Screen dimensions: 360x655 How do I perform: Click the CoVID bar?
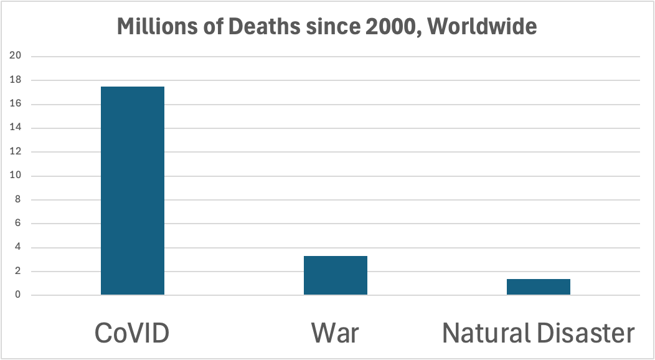[133, 191]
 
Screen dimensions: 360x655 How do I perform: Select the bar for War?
[336, 275]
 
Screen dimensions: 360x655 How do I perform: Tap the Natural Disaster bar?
[539, 287]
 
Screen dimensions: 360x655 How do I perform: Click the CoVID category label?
[132, 333]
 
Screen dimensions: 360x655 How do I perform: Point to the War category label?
[335, 333]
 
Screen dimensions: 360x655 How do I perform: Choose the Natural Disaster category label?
[539, 333]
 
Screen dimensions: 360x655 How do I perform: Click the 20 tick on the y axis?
[16, 56]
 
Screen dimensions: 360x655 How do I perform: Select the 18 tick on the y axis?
[16, 80]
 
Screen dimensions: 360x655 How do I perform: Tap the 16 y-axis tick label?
[16, 104]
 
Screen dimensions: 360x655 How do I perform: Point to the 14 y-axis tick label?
[16, 128]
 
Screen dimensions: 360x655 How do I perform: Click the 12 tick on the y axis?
[16, 152]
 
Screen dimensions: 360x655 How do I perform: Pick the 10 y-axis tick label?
[16, 176]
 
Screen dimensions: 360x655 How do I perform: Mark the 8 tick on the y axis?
[18, 200]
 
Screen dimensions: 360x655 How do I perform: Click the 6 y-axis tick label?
[18, 224]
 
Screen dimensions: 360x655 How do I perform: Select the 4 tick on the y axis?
[18, 248]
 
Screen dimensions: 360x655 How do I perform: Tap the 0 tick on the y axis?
[18, 295]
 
